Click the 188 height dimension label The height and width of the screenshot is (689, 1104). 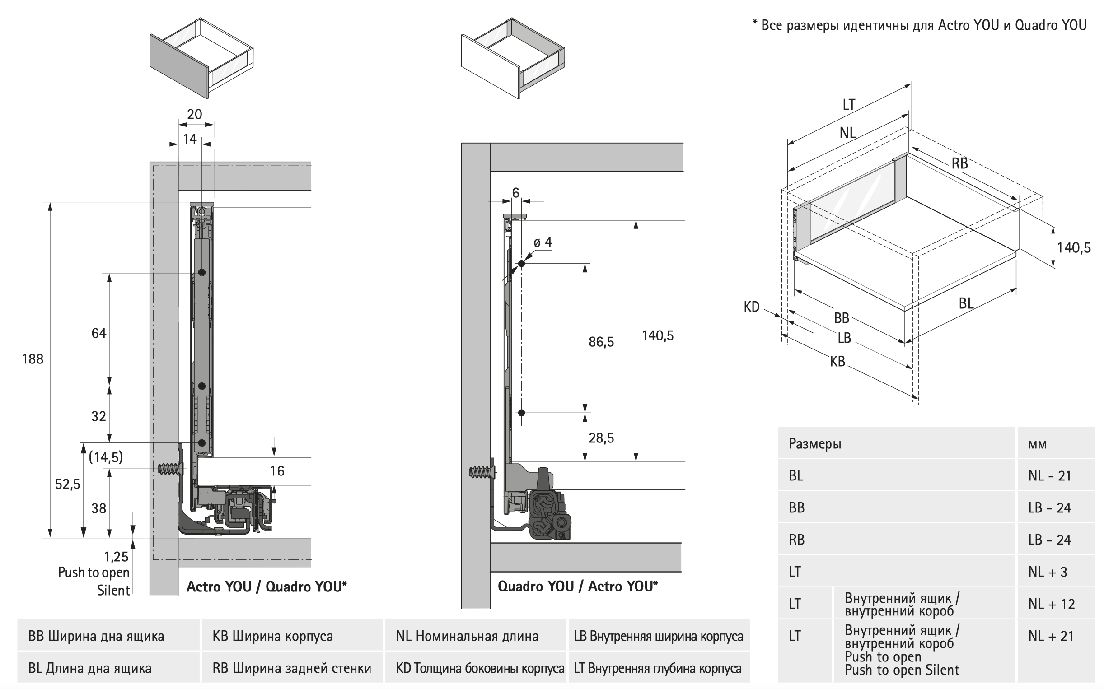coord(33,359)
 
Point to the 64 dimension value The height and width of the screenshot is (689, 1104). coord(99,333)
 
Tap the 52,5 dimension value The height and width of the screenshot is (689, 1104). coord(67,484)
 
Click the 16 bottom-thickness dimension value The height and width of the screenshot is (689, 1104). coord(277,471)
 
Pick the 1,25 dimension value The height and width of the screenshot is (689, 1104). coord(116,556)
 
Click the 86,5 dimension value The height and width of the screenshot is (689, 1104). coord(601,342)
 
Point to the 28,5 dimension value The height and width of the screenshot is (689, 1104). coord(601,438)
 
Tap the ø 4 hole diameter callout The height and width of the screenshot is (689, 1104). coord(543,242)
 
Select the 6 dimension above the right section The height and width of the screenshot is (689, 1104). coord(515,193)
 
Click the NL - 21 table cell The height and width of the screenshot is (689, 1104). coord(1049,476)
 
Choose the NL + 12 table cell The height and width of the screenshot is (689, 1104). coord(1052,604)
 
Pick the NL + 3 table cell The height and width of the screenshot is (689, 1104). coord(1048,572)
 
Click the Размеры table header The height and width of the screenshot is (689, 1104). coord(815,443)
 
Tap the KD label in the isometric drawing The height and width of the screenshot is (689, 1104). coord(752,307)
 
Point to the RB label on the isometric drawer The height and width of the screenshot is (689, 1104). coord(959,163)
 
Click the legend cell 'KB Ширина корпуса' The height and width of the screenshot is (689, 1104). coord(272,636)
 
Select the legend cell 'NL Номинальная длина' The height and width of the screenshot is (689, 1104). coord(467,636)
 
